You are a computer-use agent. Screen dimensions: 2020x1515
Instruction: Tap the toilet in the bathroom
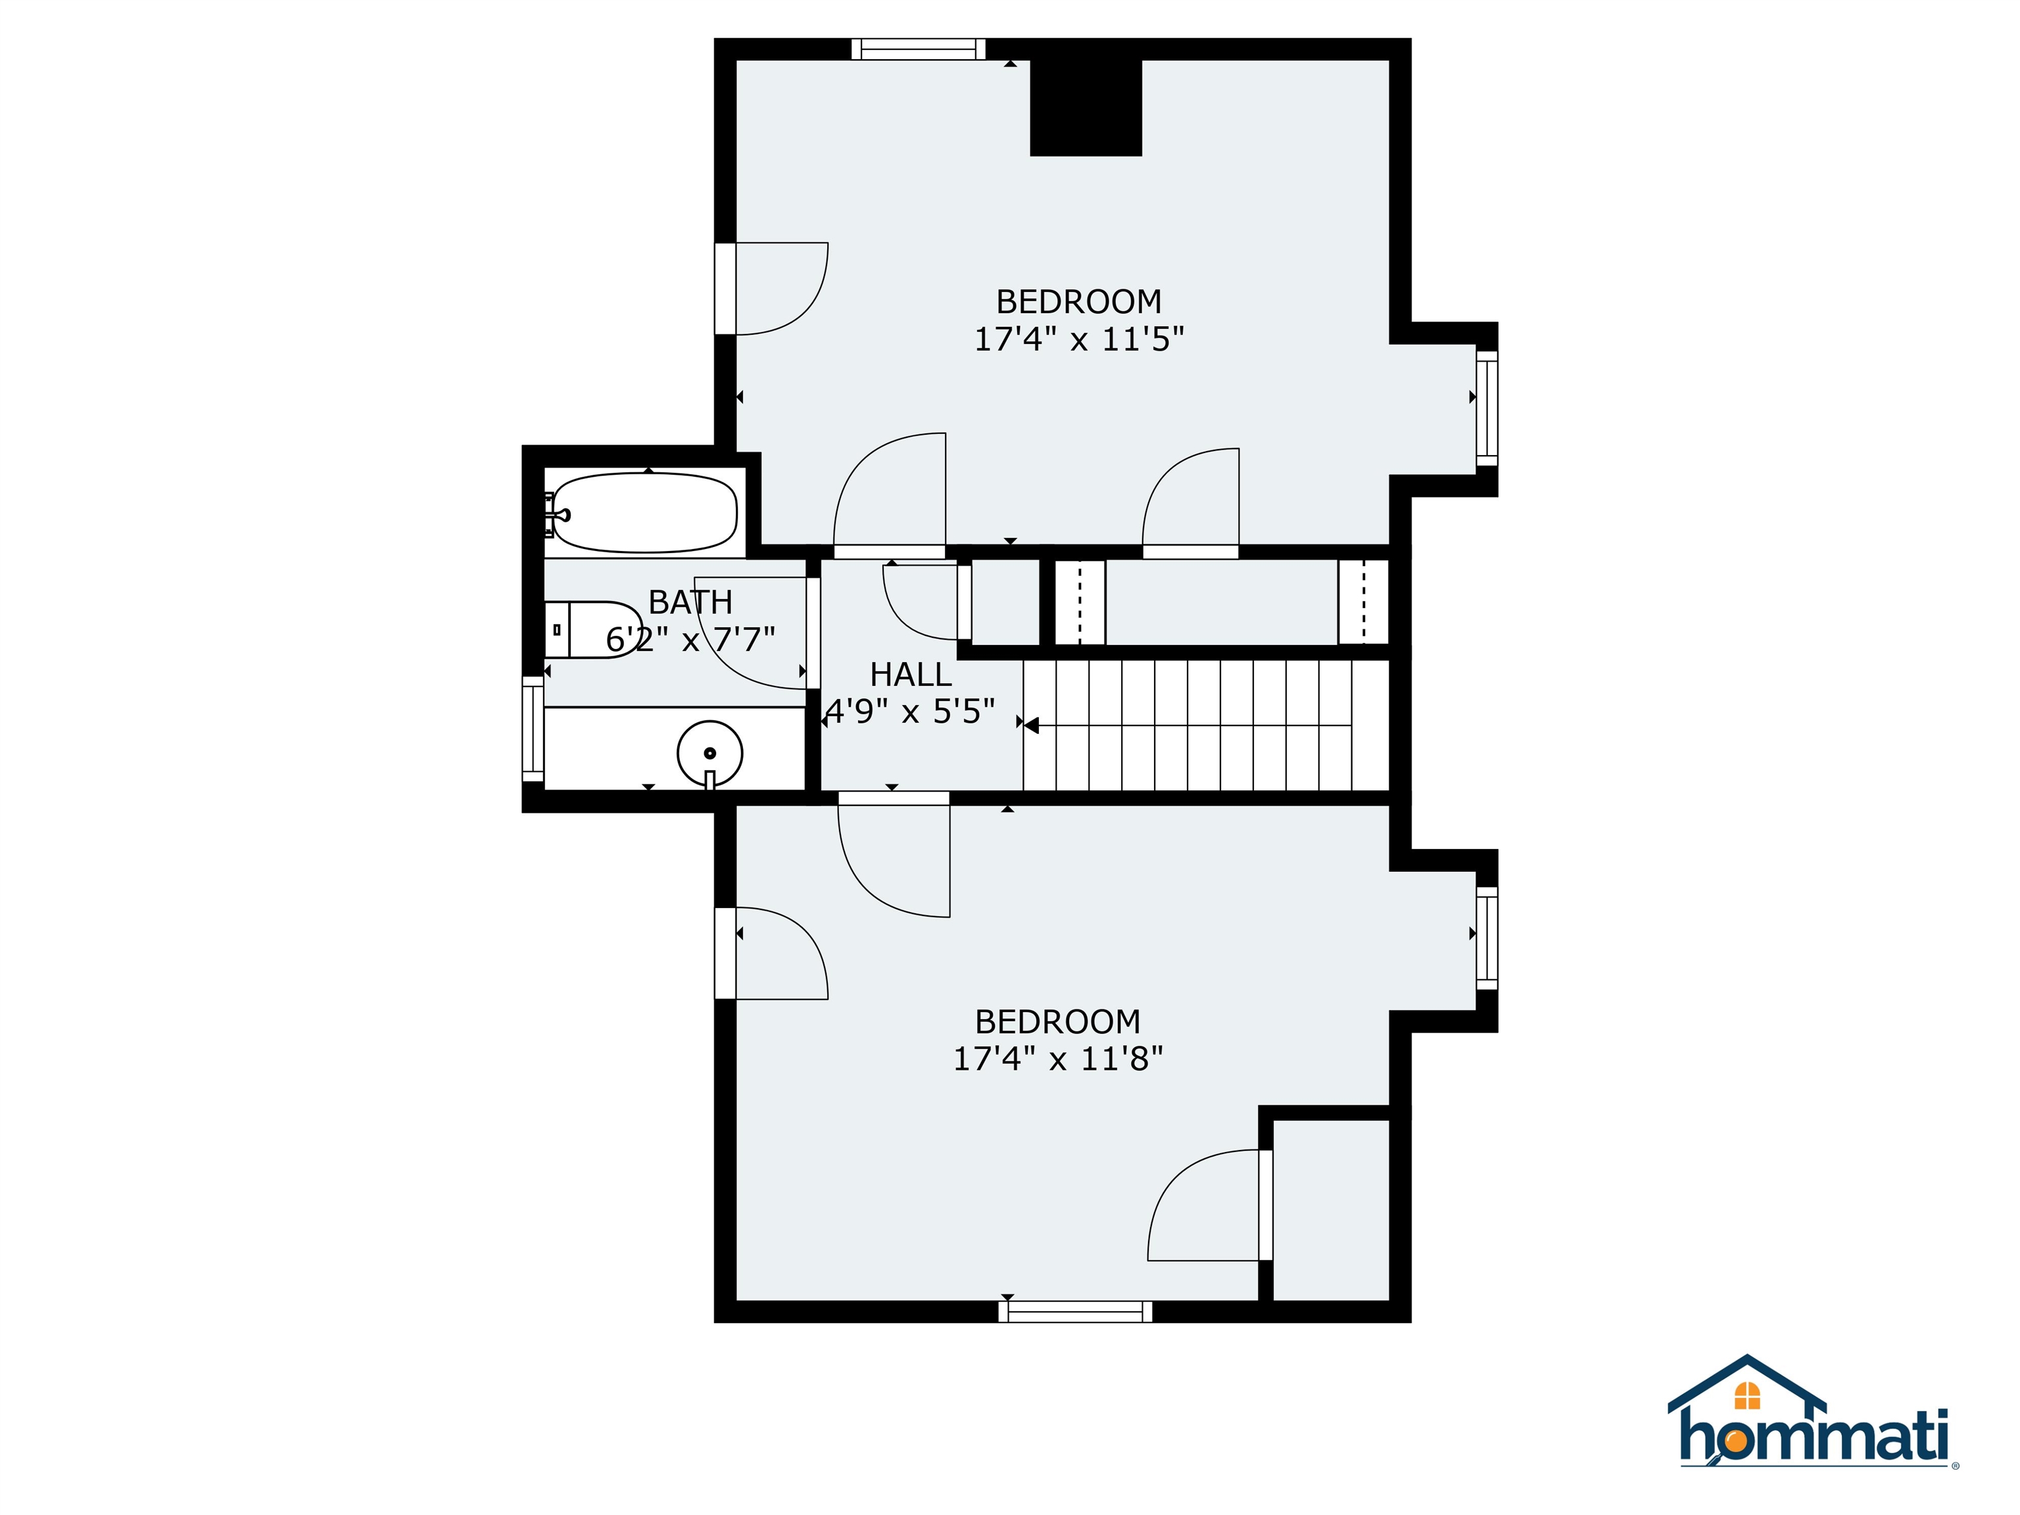coord(592,630)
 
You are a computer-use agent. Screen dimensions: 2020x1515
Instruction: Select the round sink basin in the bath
coord(709,754)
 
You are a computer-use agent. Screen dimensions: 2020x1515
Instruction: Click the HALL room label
coord(911,675)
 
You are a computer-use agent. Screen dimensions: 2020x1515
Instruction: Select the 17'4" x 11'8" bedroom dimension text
coord(1057,1059)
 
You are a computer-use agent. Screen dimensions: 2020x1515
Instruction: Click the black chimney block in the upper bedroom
coord(1086,108)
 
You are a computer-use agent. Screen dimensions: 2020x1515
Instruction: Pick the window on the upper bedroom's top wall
coord(919,49)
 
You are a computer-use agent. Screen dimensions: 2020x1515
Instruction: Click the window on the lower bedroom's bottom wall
coord(1075,1311)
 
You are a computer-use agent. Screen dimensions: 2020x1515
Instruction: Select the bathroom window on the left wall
coord(533,729)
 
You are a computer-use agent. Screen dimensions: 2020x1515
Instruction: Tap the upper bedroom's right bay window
coord(1487,408)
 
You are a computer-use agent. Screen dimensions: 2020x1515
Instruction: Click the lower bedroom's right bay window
coord(1487,938)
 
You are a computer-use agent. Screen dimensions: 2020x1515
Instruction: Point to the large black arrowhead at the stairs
coord(1031,726)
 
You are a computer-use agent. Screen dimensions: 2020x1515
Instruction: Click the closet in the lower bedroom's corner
coord(1330,1209)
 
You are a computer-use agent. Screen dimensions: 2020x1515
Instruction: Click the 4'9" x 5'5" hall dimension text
coord(911,710)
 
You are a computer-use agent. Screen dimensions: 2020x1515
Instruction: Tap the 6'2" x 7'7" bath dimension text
coord(690,639)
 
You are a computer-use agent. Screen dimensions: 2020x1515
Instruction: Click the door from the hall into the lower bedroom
coord(894,798)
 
